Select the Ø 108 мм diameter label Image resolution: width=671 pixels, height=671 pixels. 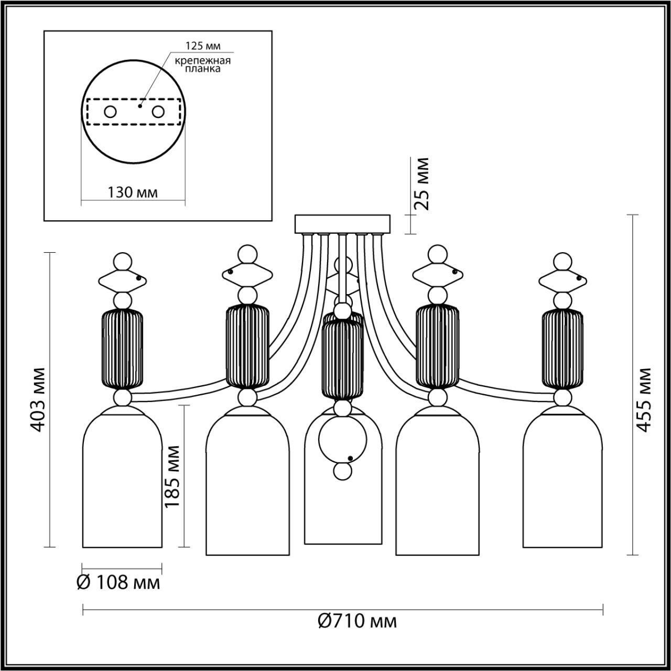pyautogui.click(x=118, y=582)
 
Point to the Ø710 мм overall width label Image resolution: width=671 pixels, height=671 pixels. pyautogui.click(x=358, y=621)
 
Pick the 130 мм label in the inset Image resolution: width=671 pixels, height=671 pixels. pyautogui.click(x=133, y=192)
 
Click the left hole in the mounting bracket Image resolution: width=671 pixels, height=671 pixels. pyautogui.click(x=111, y=112)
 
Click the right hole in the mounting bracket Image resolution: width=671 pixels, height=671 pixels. pyautogui.click(x=158, y=112)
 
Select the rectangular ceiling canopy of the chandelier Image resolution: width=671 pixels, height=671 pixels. pyautogui.click(x=343, y=224)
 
